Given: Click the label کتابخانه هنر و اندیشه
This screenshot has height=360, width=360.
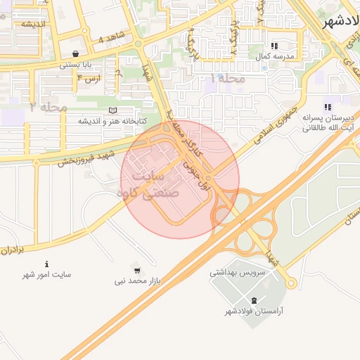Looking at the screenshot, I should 112,121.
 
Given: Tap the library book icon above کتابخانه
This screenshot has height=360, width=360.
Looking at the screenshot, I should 113,110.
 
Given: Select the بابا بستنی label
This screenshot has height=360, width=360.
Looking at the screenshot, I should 74,65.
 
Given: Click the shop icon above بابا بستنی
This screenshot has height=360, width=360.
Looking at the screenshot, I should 75,54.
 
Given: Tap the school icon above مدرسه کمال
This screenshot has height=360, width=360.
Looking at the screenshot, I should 274,46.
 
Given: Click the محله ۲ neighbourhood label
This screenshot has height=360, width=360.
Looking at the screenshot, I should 49,107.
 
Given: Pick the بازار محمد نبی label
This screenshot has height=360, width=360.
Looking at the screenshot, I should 139,281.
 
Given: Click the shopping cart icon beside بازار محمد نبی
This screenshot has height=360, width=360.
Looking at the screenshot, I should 136,269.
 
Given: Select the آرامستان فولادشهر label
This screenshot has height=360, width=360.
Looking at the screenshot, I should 254,311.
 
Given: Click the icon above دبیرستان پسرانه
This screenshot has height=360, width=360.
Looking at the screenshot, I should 328,107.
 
